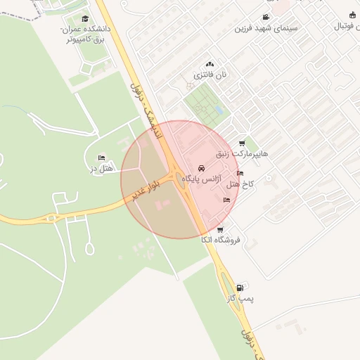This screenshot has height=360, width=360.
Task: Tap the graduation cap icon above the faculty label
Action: (85, 19)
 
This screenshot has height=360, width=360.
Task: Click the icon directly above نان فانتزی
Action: (210, 64)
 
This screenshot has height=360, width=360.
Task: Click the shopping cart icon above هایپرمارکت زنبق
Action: (243, 143)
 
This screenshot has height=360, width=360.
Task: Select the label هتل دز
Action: (103, 168)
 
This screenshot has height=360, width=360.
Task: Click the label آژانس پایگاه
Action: (202, 180)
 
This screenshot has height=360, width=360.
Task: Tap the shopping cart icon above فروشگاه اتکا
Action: (220, 230)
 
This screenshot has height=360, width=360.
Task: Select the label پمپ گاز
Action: (240, 298)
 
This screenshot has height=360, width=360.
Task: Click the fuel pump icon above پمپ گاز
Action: (241, 288)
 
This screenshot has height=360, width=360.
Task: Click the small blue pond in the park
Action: (219, 110)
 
